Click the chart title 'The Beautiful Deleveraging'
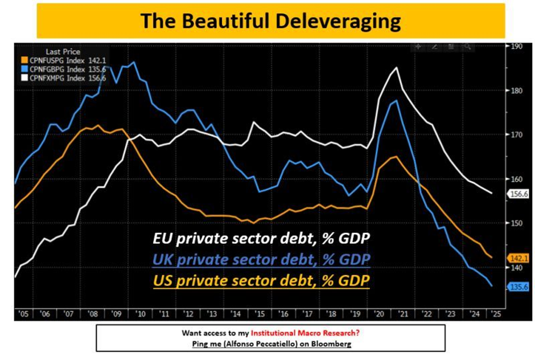(270, 21)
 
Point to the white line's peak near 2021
(396, 68)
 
